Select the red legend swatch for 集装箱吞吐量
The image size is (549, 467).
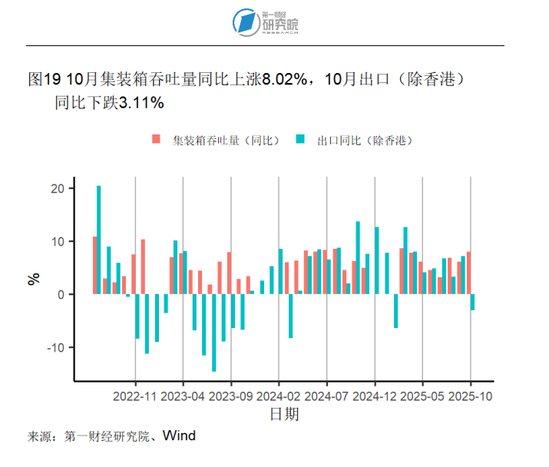tap(157, 140)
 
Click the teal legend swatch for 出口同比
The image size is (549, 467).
tap(300, 140)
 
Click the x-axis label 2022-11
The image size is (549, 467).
tap(135, 397)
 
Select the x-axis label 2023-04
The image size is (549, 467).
tap(183, 397)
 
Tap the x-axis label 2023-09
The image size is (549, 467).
tap(231, 397)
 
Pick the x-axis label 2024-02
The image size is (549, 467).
tap(279, 397)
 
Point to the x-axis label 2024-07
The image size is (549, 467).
tap(327, 397)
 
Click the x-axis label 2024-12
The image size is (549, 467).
tap(375, 397)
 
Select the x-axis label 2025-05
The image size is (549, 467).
tap(423, 397)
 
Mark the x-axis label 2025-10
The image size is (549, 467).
tap(471, 397)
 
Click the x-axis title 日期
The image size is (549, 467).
tap(283, 415)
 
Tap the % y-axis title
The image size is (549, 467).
tap(33, 280)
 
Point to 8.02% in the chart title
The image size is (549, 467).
tap(286, 79)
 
